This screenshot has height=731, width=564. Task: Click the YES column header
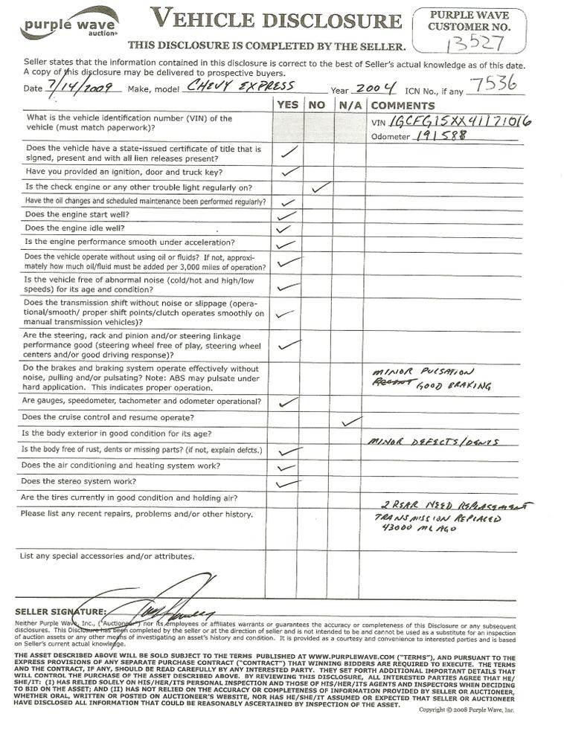click(x=288, y=105)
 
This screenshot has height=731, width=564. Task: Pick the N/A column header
click(x=348, y=105)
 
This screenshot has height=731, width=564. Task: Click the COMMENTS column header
click(x=403, y=105)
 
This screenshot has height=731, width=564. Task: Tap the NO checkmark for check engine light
click(x=320, y=187)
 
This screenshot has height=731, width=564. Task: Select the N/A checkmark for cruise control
click(x=350, y=421)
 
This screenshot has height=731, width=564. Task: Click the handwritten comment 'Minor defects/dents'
click(x=432, y=442)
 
